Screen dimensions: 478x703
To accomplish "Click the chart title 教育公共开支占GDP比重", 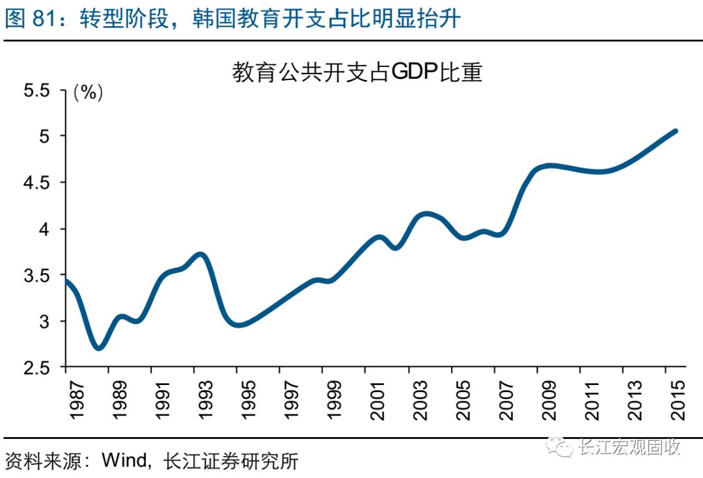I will point(357,72).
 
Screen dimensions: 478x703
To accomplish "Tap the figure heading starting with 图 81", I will point(233,19).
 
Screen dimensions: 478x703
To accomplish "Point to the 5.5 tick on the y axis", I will point(36,90).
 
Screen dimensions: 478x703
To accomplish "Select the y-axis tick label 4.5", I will point(36,183).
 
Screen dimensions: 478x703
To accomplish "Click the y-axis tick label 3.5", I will point(36,275).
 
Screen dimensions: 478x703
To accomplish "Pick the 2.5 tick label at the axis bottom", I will point(36,367).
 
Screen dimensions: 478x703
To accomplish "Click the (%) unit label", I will point(89,92).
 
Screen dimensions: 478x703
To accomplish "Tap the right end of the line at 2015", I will point(675,131).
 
